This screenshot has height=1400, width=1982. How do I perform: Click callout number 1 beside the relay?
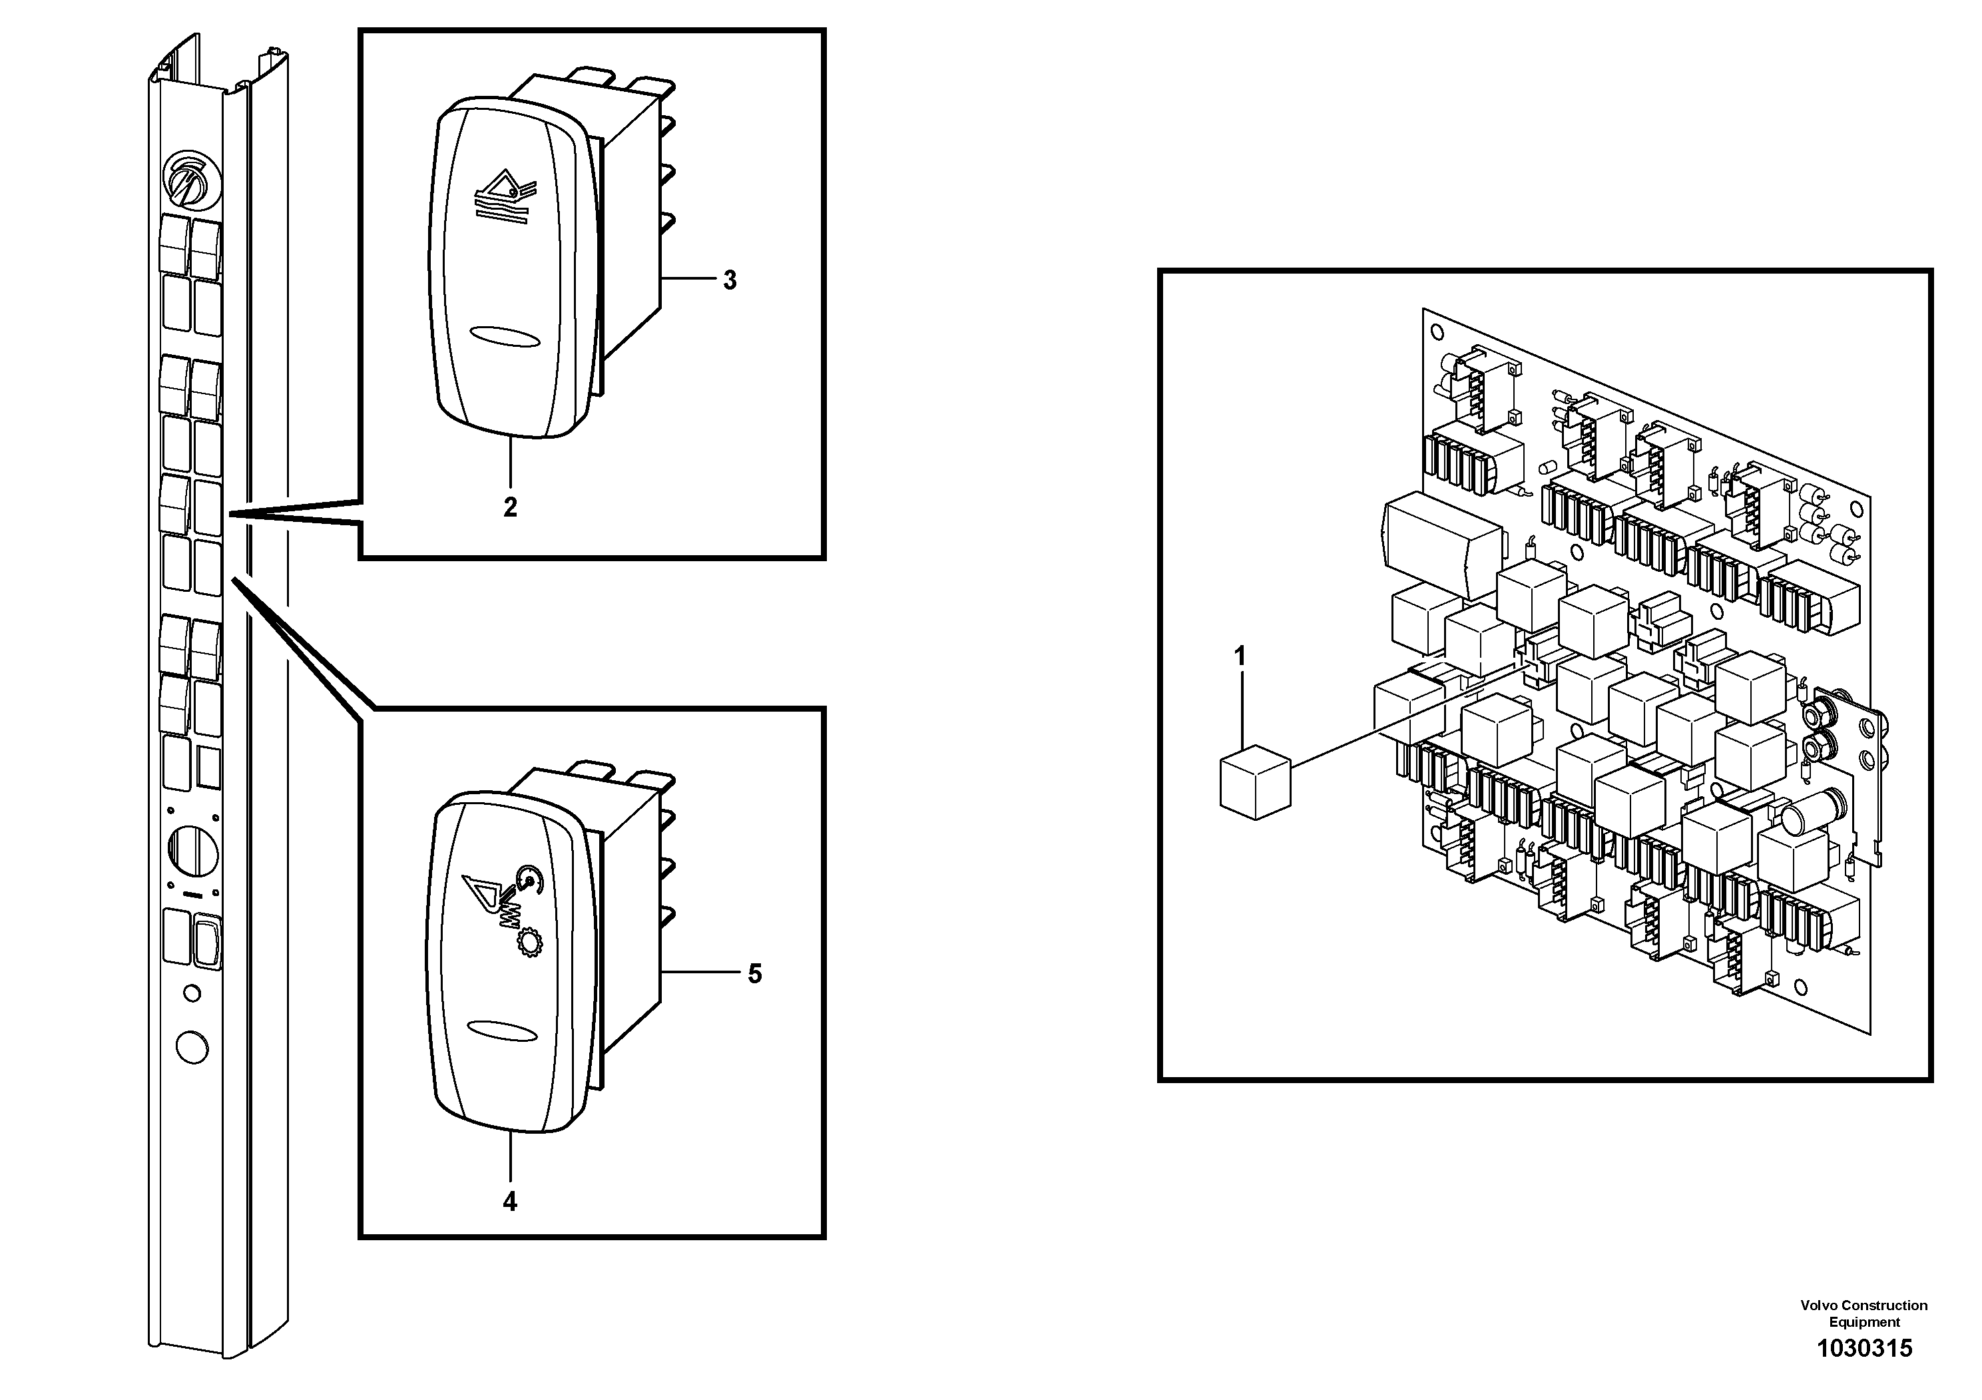[x=1240, y=658]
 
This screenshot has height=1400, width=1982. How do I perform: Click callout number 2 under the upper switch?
[x=510, y=507]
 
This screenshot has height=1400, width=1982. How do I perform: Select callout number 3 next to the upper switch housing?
[x=730, y=280]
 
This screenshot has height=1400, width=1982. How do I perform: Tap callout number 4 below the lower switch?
[x=510, y=1202]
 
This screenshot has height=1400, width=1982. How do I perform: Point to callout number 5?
[x=754, y=975]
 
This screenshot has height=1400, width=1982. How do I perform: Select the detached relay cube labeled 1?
[x=1254, y=782]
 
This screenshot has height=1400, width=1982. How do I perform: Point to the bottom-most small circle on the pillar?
[x=191, y=1048]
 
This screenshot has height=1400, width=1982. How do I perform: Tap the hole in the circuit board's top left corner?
[x=1437, y=332]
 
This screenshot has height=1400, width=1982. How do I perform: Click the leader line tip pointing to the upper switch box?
[x=231, y=515]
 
